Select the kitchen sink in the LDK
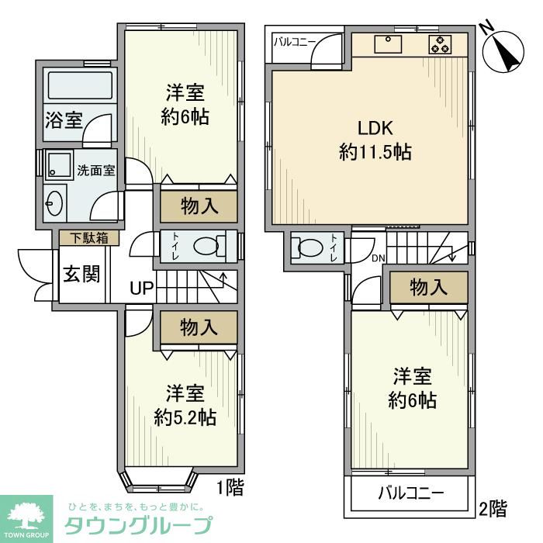pyautogui.click(x=387, y=44)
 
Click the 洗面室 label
pyautogui.click(x=95, y=171)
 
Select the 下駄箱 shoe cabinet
pyautogui.click(x=89, y=238)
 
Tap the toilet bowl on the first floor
pyautogui.click(x=206, y=247)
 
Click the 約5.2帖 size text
pyautogui.click(x=185, y=417)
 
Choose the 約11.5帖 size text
pyautogui.click(x=375, y=153)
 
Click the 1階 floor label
pyautogui.click(x=230, y=488)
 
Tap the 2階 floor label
pyautogui.click(x=493, y=509)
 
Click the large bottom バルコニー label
pyautogui.click(x=411, y=493)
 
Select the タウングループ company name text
pyautogui.click(x=137, y=524)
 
